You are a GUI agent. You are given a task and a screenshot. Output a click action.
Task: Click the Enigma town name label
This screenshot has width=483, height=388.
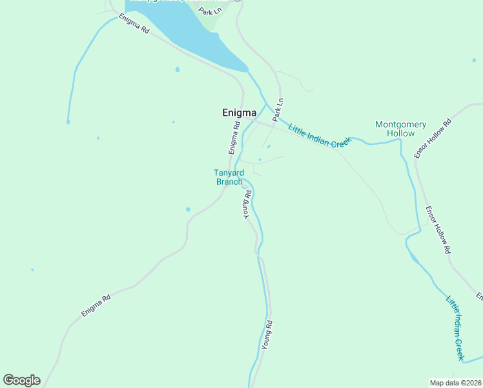tap(239, 113)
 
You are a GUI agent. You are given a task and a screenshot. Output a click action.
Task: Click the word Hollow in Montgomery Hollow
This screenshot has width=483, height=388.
tap(400, 133)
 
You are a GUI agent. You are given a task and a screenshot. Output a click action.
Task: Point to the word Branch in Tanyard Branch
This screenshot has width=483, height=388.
tap(229, 182)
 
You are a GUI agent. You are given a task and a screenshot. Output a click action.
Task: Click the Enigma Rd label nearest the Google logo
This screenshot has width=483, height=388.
tap(96, 305)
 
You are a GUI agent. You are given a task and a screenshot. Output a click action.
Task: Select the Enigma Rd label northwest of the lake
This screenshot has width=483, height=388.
tap(134, 27)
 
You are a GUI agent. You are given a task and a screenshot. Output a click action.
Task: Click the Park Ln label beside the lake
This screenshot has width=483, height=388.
tap(210, 11)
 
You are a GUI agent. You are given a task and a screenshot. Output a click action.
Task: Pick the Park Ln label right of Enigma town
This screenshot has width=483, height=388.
tap(278, 110)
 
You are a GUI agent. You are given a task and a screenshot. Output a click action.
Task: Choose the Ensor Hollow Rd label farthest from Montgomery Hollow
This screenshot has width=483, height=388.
tap(438, 230)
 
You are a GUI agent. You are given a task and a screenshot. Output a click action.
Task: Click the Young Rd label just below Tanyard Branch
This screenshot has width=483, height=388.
tap(246, 205)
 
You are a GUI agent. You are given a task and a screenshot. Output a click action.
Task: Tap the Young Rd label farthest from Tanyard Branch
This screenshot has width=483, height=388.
tap(267, 335)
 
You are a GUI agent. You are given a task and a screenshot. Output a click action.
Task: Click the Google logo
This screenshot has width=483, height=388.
tap(21, 380)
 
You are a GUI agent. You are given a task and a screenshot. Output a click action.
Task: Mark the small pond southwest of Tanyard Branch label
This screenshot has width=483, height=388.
tap(188, 209)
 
